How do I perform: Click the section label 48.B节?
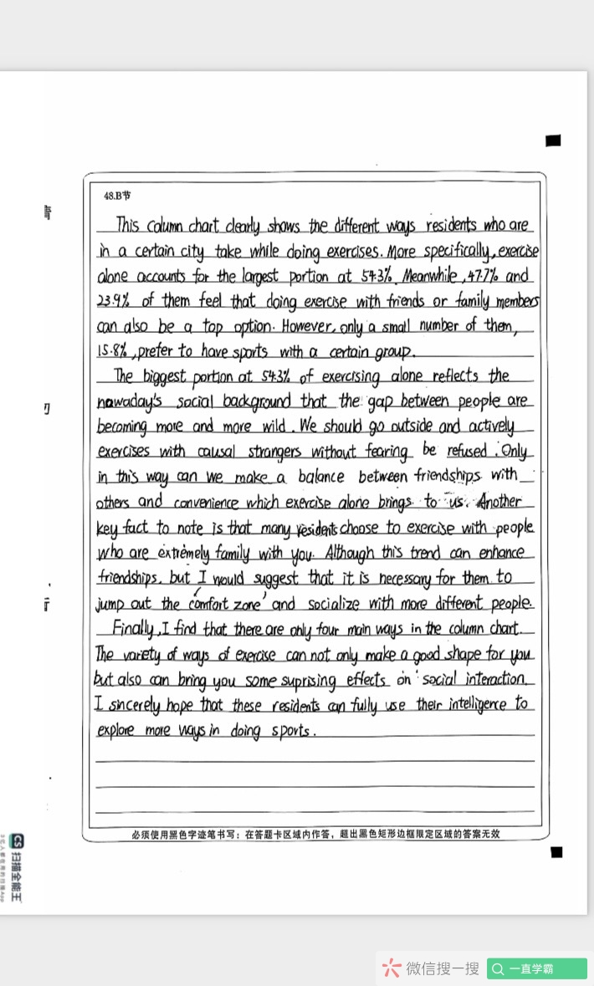[x=117, y=195]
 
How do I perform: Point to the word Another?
[x=500, y=502]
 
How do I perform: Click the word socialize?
[x=338, y=603]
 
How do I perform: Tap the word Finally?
[x=135, y=629]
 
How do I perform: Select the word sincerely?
[x=133, y=705]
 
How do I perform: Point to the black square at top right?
[x=553, y=140]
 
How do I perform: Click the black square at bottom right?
[x=556, y=852]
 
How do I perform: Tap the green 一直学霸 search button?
[x=536, y=968]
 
